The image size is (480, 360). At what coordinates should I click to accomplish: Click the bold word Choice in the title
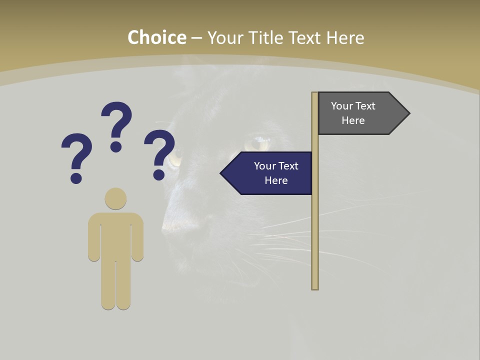tap(156, 37)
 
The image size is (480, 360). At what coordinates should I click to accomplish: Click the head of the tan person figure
tap(115, 198)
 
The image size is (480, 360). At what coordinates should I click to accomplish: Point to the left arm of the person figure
tap(94, 240)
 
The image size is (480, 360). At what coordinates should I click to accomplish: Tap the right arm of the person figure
tap(137, 240)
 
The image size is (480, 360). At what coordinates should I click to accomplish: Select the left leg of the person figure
tap(108, 285)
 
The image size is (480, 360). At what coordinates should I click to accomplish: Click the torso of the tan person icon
tap(115, 235)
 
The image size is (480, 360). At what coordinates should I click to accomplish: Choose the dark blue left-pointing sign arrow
tap(267, 173)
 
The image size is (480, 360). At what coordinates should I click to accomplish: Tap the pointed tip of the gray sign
tap(408, 113)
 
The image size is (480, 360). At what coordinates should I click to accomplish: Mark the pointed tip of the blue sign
tap(222, 173)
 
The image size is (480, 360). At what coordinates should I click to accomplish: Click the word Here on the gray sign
tap(353, 120)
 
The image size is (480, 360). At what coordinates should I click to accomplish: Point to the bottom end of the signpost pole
tap(315, 287)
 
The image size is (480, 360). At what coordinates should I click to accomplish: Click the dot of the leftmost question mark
tap(76, 178)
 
